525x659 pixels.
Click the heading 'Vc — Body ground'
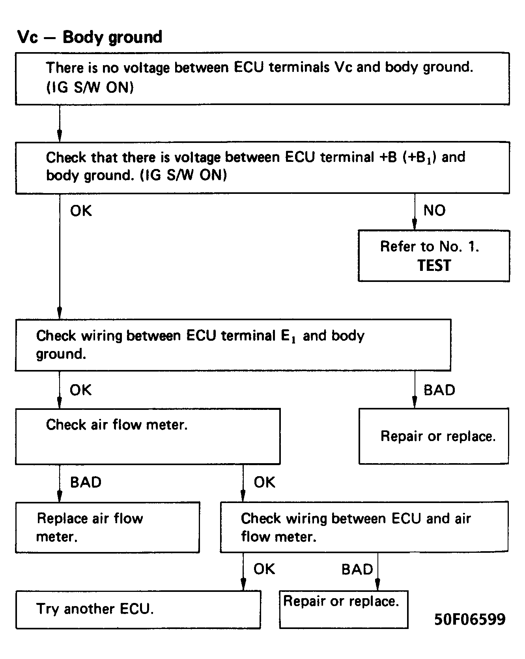point(90,37)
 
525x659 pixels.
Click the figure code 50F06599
point(470,619)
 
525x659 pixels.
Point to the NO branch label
point(434,210)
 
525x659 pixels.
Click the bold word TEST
point(434,265)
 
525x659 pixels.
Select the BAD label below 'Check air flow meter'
point(86,482)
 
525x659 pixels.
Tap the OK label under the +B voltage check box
point(81,211)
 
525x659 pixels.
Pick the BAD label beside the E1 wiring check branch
point(439,390)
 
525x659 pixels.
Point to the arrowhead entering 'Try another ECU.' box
point(243,584)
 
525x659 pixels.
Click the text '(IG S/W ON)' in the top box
point(90,87)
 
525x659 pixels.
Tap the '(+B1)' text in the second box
point(419,158)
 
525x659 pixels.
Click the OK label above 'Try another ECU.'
point(264,569)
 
